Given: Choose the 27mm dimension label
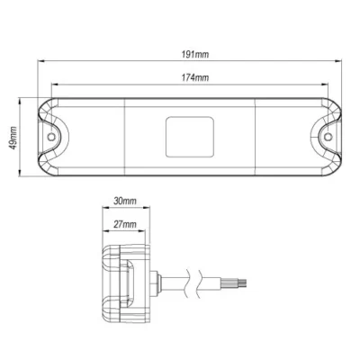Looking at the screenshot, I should coord(125,223).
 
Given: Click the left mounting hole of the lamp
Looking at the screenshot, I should coord(54,139).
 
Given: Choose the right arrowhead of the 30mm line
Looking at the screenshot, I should coord(145,212).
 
